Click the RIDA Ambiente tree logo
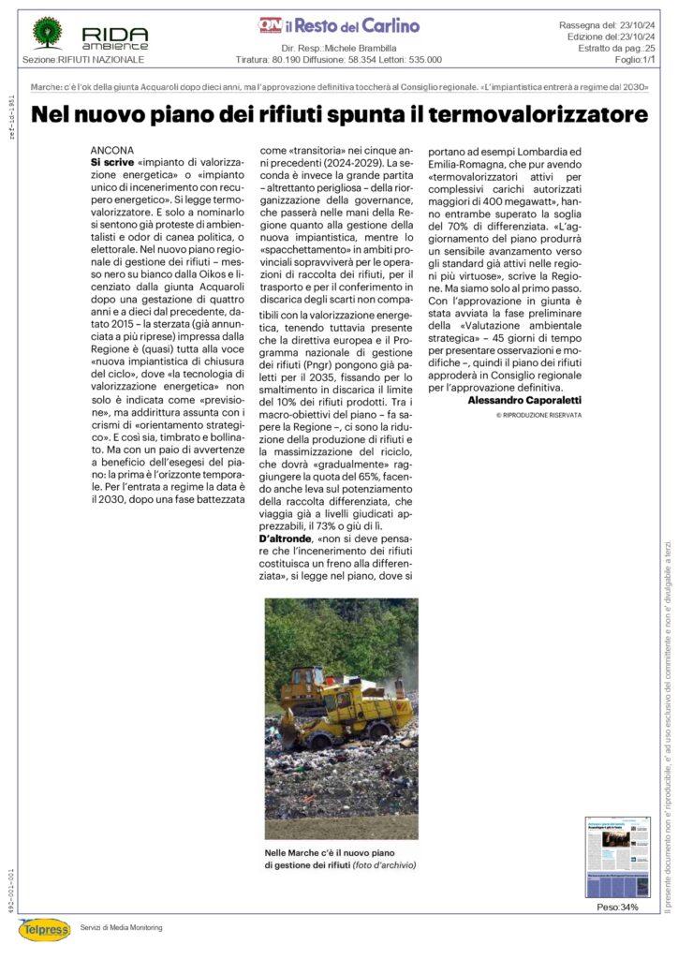(x=47, y=33)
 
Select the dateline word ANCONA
(x=112, y=150)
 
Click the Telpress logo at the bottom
(x=44, y=929)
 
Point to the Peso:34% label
(x=617, y=907)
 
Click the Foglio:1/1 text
(x=634, y=59)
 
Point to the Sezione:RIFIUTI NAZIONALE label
(x=83, y=60)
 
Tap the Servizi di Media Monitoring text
(x=121, y=927)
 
